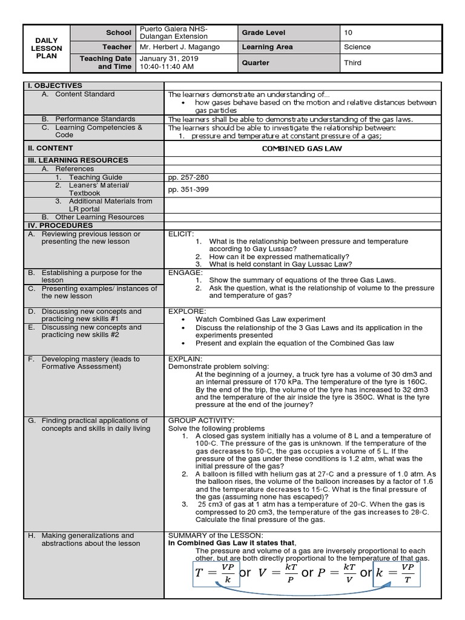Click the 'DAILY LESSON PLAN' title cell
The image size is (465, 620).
click(x=47, y=48)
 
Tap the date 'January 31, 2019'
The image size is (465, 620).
click(x=168, y=59)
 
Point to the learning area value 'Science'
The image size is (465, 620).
click(x=357, y=47)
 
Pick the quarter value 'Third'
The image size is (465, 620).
click(x=352, y=62)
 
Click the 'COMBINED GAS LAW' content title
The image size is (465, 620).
click(x=302, y=148)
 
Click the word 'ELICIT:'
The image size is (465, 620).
click(x=181, y=233)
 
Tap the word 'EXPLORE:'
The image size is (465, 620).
click(x=185, y=311)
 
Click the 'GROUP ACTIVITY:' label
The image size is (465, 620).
click(x=200, y=420)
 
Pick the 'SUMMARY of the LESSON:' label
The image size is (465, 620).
click(x=215, y=535)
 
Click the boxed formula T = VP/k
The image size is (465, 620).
click(x=215, y=573)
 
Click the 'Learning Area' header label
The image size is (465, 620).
click(x=267, y=47)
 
